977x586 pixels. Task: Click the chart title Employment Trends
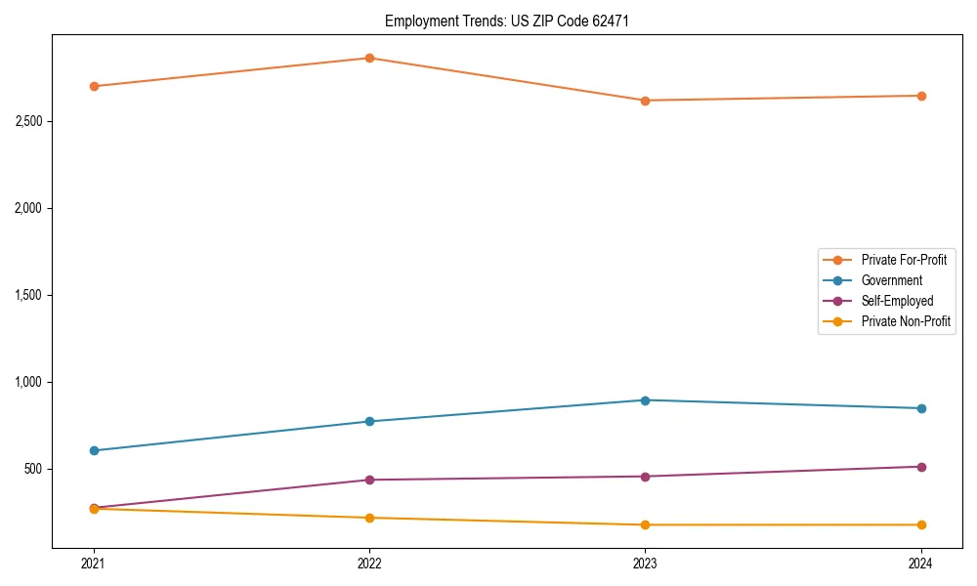499,21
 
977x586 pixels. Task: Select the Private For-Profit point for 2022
369,58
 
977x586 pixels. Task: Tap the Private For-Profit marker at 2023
645,101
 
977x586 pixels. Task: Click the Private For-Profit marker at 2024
921,96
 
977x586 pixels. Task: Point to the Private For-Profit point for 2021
94,86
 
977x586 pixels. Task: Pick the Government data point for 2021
94,450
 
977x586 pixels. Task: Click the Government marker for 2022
369,421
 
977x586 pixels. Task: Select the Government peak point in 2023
645,400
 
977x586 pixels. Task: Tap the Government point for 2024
921,408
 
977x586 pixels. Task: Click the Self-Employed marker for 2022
369,480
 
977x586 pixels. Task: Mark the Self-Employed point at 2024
921,467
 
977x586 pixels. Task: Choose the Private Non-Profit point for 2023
645,525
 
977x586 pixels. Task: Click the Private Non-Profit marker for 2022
369,518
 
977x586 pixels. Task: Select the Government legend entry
891,280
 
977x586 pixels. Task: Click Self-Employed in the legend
897,301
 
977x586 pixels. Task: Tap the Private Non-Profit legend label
906,321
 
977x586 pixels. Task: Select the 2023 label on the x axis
645,564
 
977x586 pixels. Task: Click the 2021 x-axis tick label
94,564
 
